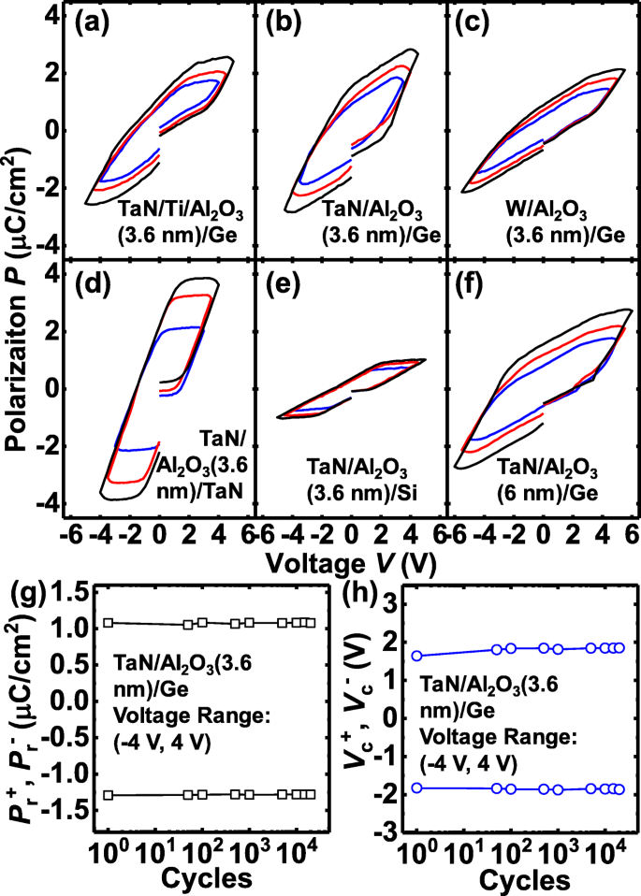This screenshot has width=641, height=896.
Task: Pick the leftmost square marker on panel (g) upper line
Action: coord(109,622)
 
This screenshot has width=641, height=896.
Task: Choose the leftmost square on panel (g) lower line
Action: coord(109,794)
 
